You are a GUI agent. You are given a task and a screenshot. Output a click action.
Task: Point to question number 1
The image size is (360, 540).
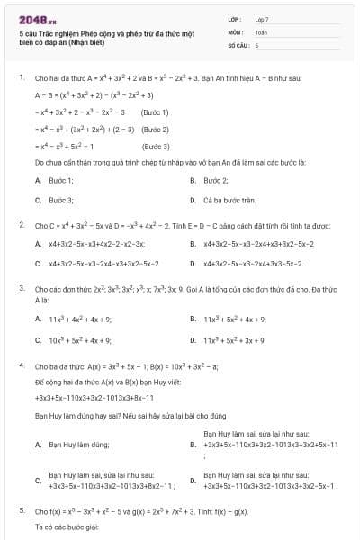tap(21, 78)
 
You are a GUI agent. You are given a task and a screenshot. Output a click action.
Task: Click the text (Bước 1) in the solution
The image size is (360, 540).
tap(156, 112)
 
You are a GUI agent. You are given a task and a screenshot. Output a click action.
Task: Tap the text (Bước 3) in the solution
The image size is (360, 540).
tap(156, 146)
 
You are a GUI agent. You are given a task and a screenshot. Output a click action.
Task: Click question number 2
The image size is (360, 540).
tap(21, 225)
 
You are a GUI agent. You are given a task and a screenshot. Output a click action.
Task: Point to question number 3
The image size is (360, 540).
tap(21, 288)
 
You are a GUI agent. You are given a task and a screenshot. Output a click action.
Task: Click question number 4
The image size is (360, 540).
tap(21, 367)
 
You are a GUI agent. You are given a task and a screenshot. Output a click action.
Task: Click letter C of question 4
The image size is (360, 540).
tap(38, 481)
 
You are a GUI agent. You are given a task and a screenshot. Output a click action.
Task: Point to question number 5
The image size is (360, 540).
tap(21, 510)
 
